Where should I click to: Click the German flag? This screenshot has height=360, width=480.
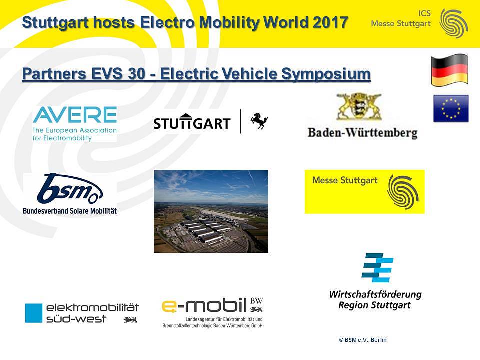point(449,70)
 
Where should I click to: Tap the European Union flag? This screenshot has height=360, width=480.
point(451,108)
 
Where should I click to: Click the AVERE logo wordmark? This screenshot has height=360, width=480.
point(75,115)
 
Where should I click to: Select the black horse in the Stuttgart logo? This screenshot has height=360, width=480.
point(259,121)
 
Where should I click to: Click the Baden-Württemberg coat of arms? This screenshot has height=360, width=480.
point(359,107)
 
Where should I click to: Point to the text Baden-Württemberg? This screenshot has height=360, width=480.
point(363,133)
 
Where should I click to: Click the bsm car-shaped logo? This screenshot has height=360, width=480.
point(70,188)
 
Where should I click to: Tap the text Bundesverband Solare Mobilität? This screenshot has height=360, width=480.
point(70,211)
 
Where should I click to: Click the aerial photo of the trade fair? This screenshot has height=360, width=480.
point(211,211)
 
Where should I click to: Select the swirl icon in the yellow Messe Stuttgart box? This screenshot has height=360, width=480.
point(403,192)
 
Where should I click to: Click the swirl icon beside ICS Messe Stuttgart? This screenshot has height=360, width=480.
point(453,23)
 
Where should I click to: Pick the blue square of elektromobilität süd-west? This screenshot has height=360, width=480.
point(33,313)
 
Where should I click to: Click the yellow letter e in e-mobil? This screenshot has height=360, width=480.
point(169,306)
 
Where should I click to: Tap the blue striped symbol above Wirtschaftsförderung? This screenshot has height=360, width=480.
point(377,268)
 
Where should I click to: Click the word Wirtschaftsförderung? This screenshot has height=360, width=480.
point(375,295)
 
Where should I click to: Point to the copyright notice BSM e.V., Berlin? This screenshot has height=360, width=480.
point(363,340)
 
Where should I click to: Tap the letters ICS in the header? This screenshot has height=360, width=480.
point(424,13)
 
